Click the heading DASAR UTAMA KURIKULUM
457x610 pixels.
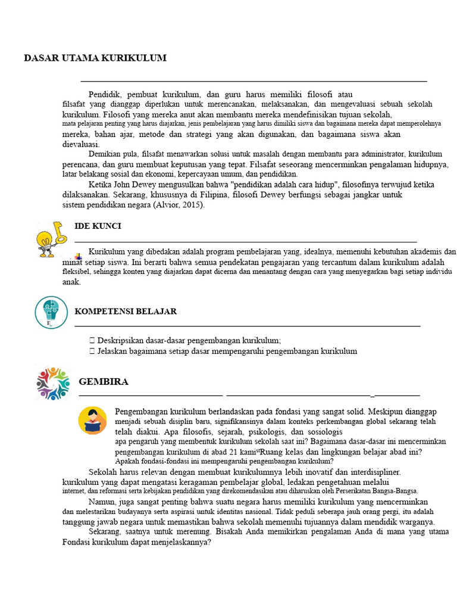coord(95,58)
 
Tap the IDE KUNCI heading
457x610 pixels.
coord(98,226)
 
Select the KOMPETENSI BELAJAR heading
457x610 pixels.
coord(126,312)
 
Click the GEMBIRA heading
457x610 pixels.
coord(104,382)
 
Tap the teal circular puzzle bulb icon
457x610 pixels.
coord(51,312)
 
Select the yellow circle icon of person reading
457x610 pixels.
coord(92,420)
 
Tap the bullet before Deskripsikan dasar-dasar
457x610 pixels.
coord(92,341)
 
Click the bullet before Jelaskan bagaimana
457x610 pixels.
coord(92,351)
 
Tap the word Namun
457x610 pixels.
coord(102,502)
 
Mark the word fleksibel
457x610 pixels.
coord(79,272)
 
